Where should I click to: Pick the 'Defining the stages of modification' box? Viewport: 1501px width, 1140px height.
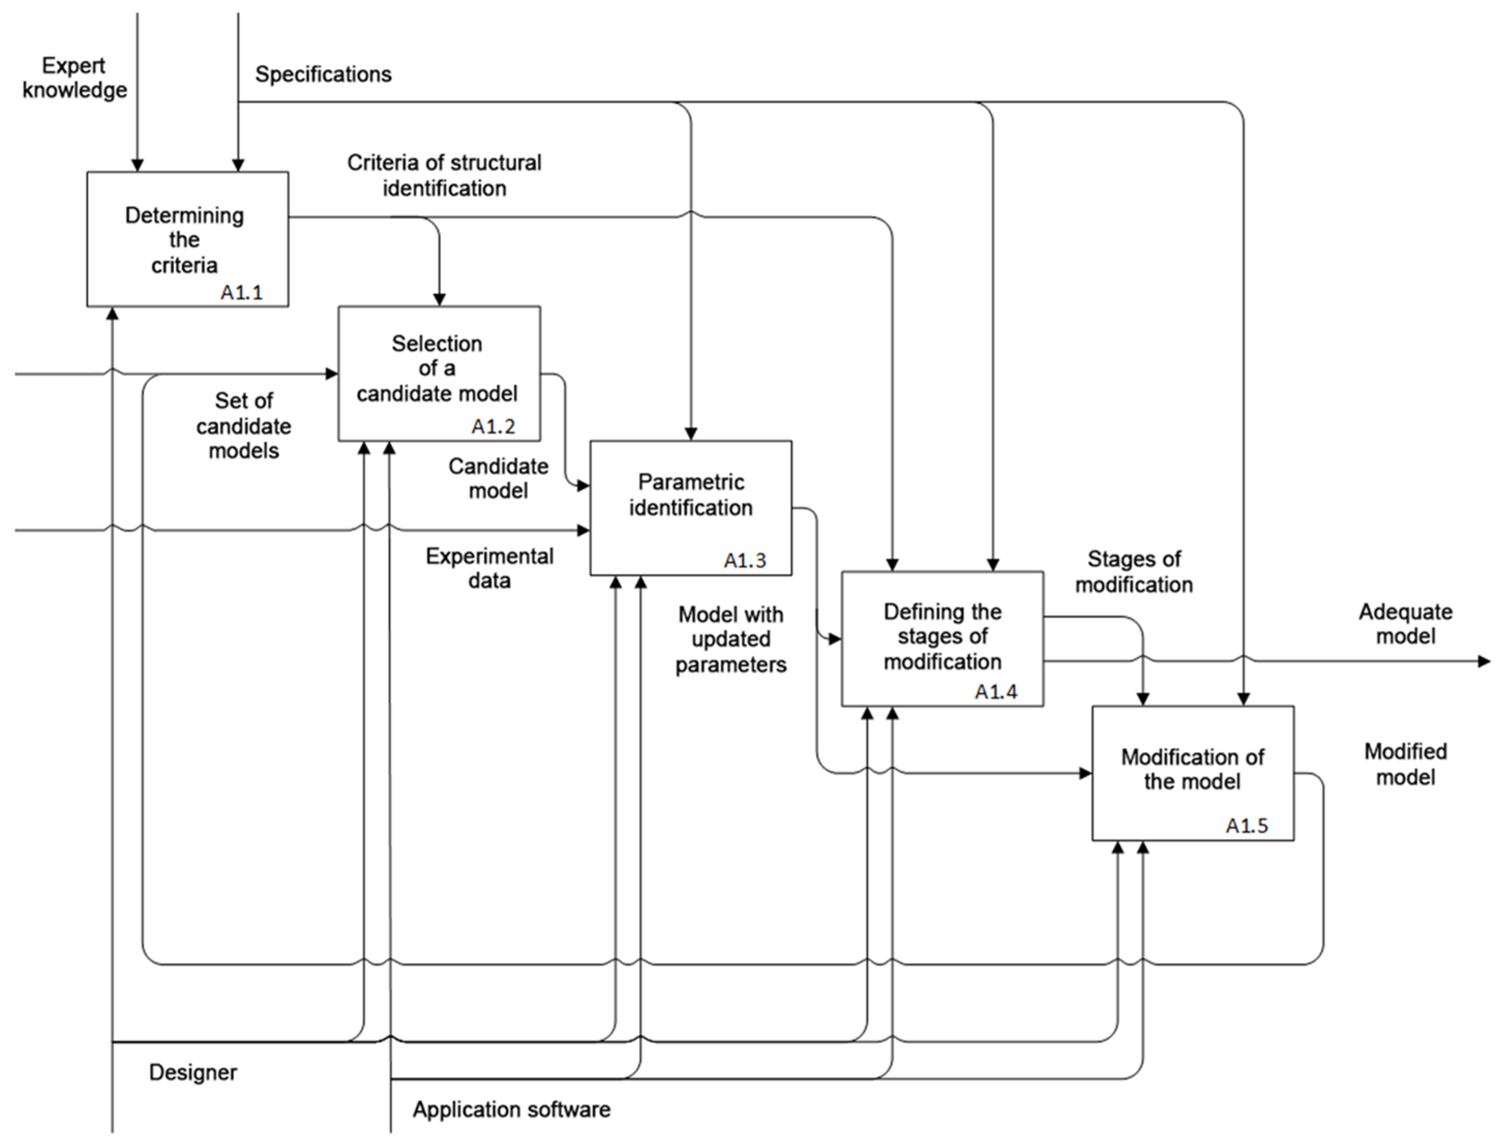(x=942, y=637)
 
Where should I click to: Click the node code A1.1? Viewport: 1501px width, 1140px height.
(x=242, y=292)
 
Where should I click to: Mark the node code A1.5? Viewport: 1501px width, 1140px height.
(x=1247, y=826)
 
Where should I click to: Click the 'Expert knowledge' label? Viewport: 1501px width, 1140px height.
(x=74, y=78)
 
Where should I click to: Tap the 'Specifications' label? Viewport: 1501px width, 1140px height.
(x=323, y=74)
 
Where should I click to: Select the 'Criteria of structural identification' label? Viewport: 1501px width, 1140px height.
(x=444, y=175)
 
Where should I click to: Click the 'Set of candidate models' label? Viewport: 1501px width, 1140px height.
(x=244, y=426)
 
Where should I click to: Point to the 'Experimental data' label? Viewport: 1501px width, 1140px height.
(x=489, y=568)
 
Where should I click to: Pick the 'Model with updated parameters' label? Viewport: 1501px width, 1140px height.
(x=731, y=639)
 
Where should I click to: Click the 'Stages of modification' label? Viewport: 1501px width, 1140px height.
(x=1134, y=572)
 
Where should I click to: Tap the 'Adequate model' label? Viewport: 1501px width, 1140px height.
(x=1405, y=624)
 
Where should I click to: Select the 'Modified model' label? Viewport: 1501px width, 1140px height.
(x=1405, y=764)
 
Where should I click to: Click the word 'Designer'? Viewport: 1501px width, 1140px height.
(x=193, y=1072)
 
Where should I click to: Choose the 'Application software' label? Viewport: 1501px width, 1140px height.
(x=512, y=1109)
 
